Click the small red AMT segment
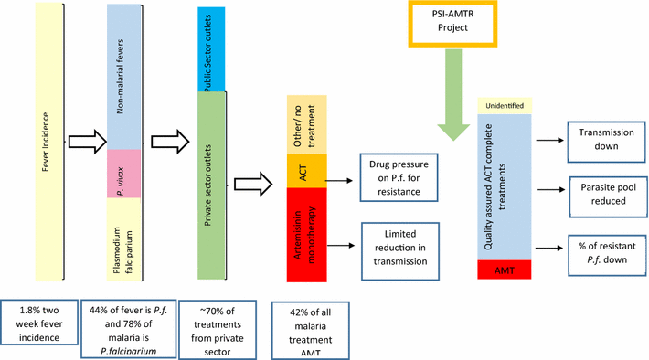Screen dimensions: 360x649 tap(505, 270)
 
